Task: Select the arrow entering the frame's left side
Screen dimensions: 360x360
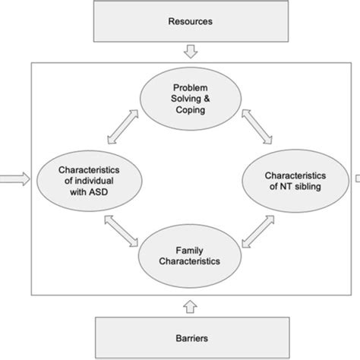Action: tap(15, 179)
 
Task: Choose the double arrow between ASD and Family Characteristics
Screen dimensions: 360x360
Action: tap(122, 230)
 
